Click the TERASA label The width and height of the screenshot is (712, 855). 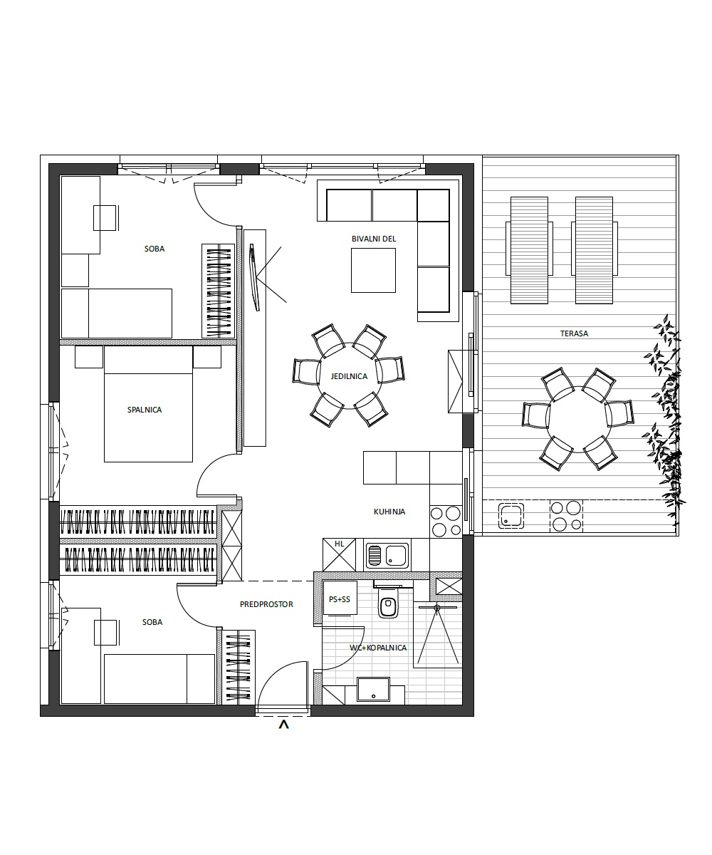pyautogui.click(x=574, y=333)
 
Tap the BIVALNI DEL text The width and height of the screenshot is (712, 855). pyautogui.click(x=374, y=239)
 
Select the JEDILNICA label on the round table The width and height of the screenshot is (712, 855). pyautogui.click(x=349, y=376)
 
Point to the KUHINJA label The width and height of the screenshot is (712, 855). pyautogui.click(x=389, y=512)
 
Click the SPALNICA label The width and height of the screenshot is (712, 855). pyautogui.click(x=145, y=410)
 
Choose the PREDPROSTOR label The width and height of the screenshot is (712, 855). pyautogui.click(x=266, y=604)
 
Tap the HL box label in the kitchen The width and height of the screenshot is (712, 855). pyautogui.click(x=339, y=544)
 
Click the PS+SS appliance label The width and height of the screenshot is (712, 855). pyautogui.click(x=340, y=599)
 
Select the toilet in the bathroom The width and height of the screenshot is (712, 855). pyautogui.click(x=387, y=601)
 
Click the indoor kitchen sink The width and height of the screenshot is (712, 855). pyautogui.click(x=387, y=555)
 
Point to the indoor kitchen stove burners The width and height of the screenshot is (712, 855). pyautogui.click(x=446, y=521)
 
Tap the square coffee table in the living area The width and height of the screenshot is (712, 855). pyautogui.click(x=373, y=270)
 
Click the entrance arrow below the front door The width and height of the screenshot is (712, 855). pyautogui.click(x=283, y=725)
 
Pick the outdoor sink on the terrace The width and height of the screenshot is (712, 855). pyautogui.click(x=511, y=516)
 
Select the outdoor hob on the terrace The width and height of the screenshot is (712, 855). pyautogui.click(x=566, y=517)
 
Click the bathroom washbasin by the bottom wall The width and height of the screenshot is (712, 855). pyautogui.click(x=373, y=689)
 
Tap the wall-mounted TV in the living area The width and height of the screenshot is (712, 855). pyautogui.click(x=254, y=277)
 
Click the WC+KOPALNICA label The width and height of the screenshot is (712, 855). pyautogui.click(x=378, y=648)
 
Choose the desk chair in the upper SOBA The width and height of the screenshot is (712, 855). pyautogui.click(x=105, y=218)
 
